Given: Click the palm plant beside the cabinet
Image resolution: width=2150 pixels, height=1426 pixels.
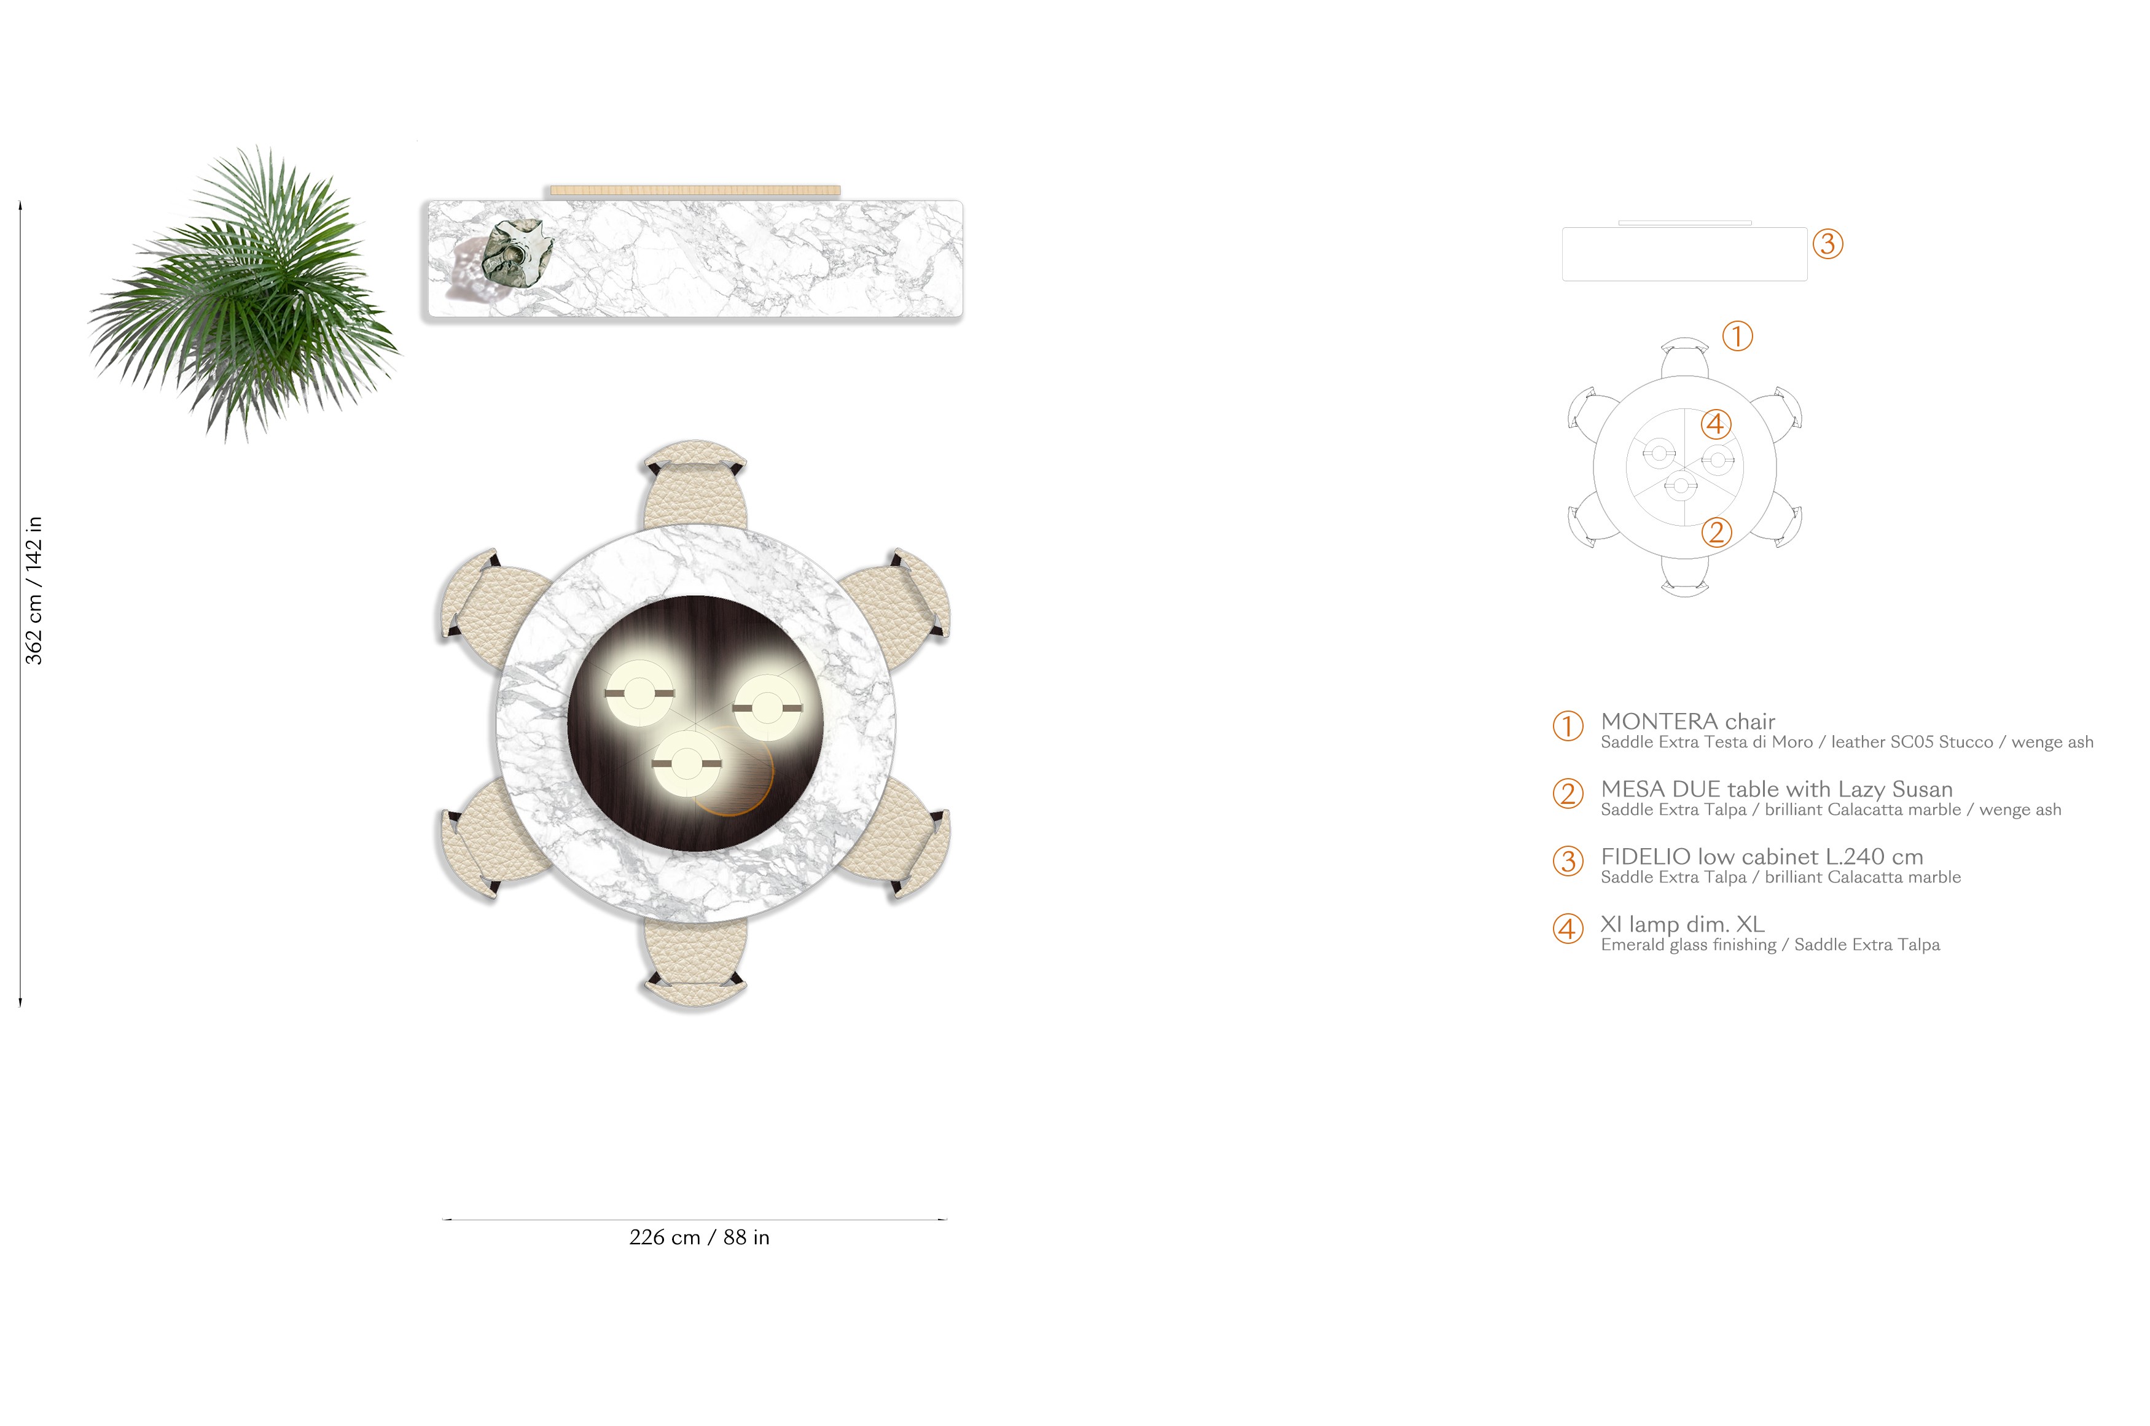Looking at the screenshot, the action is [244, 293].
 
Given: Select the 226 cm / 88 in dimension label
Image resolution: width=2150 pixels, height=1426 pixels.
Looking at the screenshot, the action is [698, 1237].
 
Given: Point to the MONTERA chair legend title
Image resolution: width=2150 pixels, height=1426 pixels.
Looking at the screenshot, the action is [1687, 721].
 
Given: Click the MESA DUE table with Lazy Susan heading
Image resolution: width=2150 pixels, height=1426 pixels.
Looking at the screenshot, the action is [1776, 789].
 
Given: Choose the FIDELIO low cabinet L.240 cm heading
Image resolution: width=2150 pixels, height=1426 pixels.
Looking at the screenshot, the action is [1762, 855].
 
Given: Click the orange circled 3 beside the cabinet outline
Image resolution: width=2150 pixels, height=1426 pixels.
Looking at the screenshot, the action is [1827, 244].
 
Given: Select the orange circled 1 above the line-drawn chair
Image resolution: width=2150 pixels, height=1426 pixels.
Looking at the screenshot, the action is [1737, 335].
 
